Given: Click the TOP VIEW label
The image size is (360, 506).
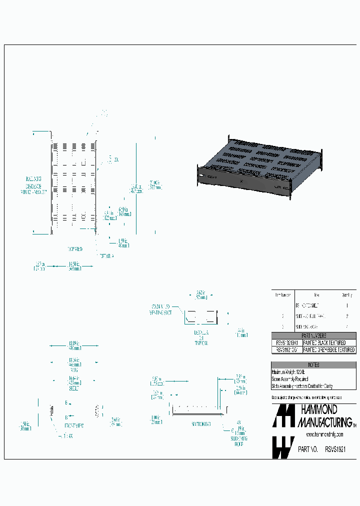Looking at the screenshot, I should (x=75, y=248).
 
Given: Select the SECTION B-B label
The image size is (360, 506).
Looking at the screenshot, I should (x=200, y=423).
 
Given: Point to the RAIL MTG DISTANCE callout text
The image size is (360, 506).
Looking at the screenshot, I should (x=34, y=184).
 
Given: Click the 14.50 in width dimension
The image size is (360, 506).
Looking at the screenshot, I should (x=74, y=266).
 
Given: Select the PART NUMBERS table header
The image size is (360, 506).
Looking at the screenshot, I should (x=313, y=336).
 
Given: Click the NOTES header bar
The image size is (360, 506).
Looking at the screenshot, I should (x=313, y=365).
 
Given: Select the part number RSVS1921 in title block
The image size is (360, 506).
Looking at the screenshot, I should (x=335, y=449).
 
